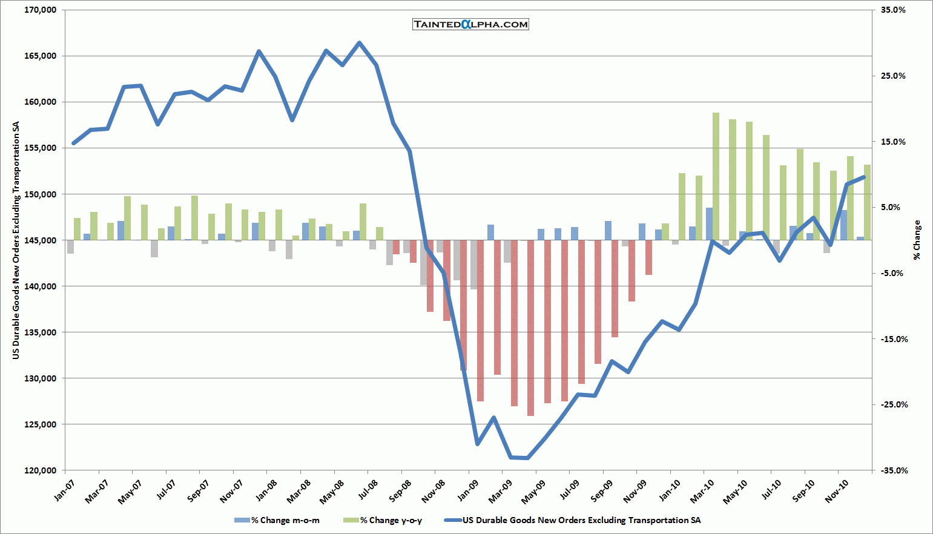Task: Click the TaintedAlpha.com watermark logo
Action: [470, 24]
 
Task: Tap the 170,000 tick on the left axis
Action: [40, 10]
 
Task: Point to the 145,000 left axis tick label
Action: [40, 240]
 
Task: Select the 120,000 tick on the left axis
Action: [40, 470]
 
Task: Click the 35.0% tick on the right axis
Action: [893, 10]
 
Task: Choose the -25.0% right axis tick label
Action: [893, 404]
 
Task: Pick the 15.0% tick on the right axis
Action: [893, 142]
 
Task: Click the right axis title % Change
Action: [917, 240]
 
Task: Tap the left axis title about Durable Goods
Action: [16, 240]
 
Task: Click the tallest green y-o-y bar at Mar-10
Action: [716, 176]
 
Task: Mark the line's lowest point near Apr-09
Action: [527, 458]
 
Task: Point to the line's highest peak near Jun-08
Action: [359, 43]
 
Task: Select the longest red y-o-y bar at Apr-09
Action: [530, 327]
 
